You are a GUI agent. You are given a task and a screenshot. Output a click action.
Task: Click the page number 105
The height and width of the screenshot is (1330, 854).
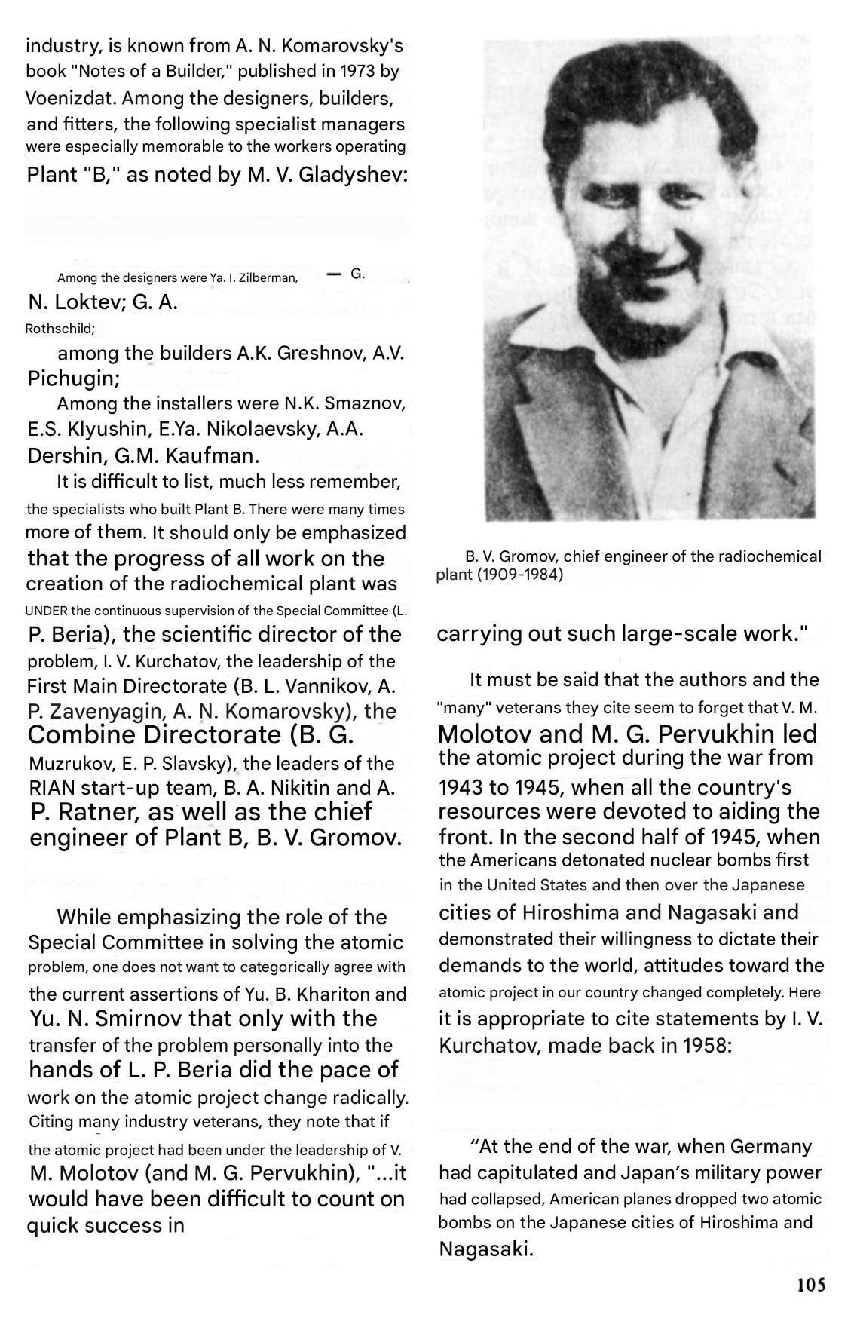(x=810, y=1284)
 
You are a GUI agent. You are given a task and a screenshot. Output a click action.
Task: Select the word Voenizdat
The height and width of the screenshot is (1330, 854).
(x=69, y=98)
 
